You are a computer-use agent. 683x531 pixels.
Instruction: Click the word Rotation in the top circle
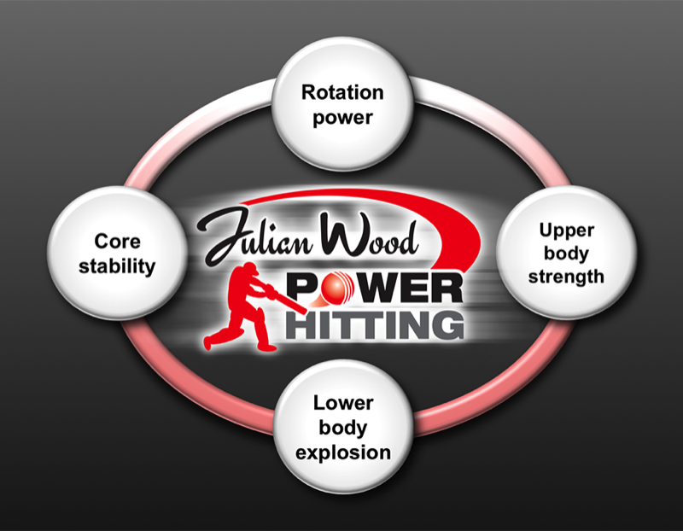click(x=341, y=92)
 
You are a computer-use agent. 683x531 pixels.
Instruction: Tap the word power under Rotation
click(x=341, y=117)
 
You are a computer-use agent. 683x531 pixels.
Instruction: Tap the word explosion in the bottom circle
click(x=341, y=451)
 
